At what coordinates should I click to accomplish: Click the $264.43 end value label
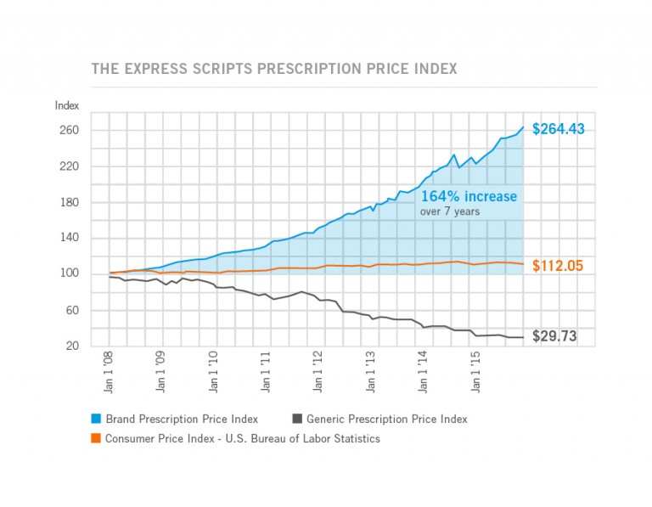pyautogui.click(x=559, y=130)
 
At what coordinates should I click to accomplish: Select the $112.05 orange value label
pyautogui.click(x=559, y=266)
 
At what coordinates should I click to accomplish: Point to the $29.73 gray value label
pyautogui.click(x=554, y=336)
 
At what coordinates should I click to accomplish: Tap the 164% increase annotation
pyautogui.click(x=469, y=196)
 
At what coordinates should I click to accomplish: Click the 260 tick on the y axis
pyautogui.click(x=69, y=131)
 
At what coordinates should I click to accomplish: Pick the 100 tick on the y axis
pyautogui.click(x=69, y=274)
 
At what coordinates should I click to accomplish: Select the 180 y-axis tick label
pyautogui.click(x=69, y=203)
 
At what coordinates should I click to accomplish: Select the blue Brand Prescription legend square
pyautogui.click(x=97, y=419)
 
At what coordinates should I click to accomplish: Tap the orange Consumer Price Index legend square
pyautogui.click(x=97, y=438)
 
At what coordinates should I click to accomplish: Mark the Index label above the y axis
pyautogui.click(x=67, y=105)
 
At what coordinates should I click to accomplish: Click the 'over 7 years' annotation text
pyautogui.click(x=450, y=212)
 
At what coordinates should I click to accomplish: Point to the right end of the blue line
pyautogui.click(x=523, y=127)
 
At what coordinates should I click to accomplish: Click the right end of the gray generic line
pyautogui.click(x=523, y=337)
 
